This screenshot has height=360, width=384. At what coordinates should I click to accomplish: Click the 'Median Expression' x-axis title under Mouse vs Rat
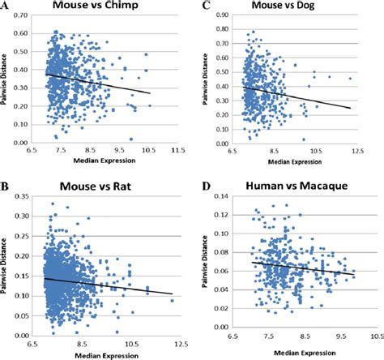[100, 354]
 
